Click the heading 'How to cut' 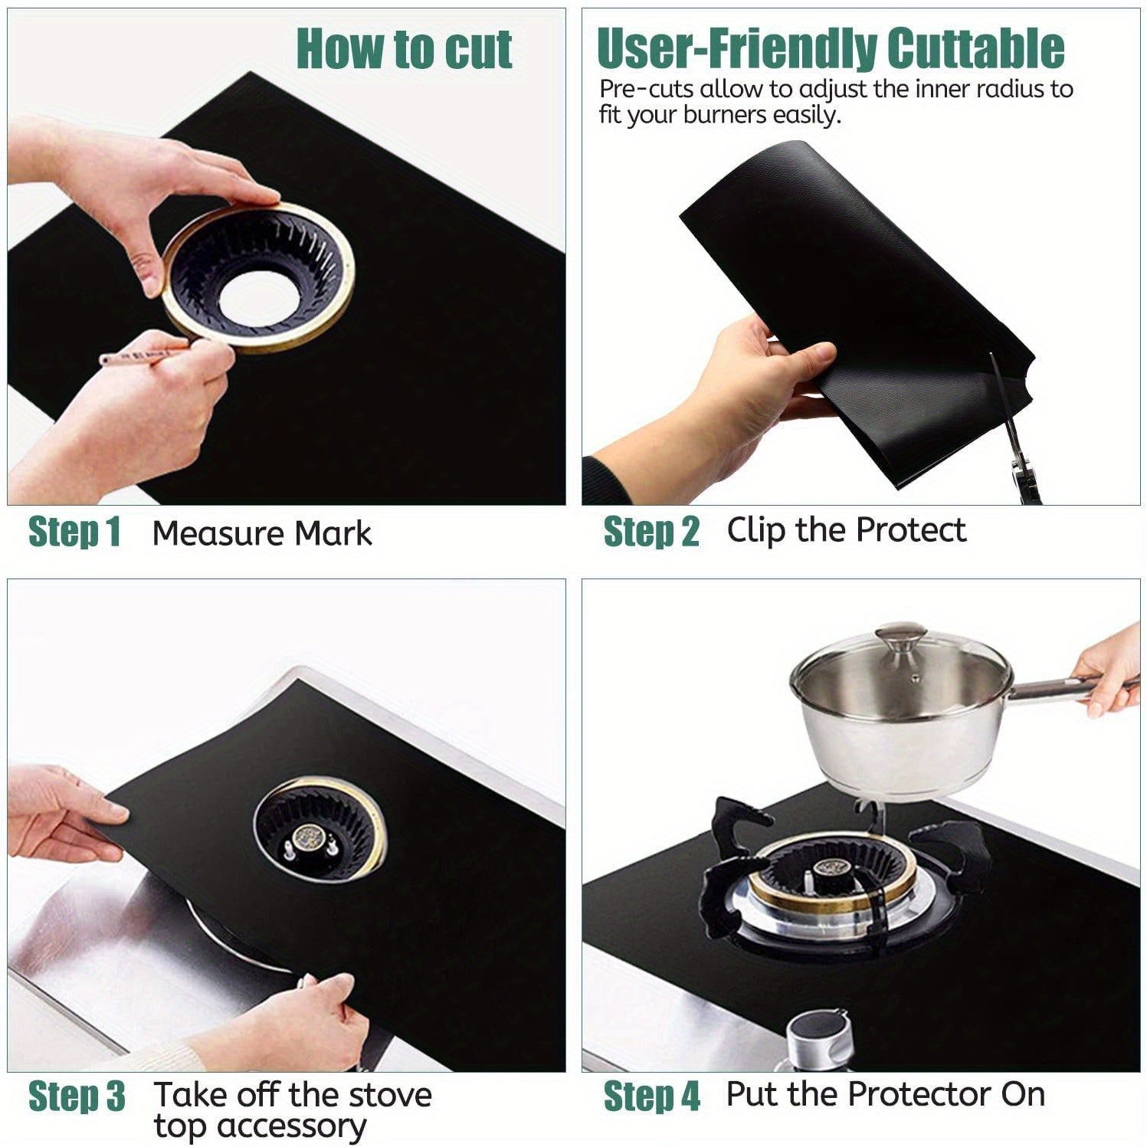click(404, 49)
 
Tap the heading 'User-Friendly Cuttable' click(830, 48)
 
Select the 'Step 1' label click(74, 532)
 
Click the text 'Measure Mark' click(262, 533)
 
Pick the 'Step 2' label click(651, 532)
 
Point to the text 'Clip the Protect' click(846, 530)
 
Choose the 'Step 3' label click(77, 1096)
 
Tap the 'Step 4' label click(651, 1096)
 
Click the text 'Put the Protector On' click(885, 1094)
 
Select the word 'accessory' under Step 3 click(261, 1126)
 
